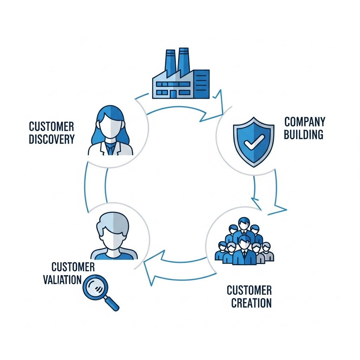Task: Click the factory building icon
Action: pyautogui.click(x=180, y=78)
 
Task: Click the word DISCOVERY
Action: pyautogui.click(x=52, y=139)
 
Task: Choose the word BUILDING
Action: pyautogui.click(x=303, y=134)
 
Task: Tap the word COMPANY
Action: pyautogui.click(x=304, y=122)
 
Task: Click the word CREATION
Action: pyautogui.click(x=251, y=303)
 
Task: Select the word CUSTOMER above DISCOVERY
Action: pyautogui.click(x=51, y=126)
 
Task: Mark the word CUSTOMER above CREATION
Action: pyautogui.click(x=249, y=290)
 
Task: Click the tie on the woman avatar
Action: pyautogui.click(x=110, y=149)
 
